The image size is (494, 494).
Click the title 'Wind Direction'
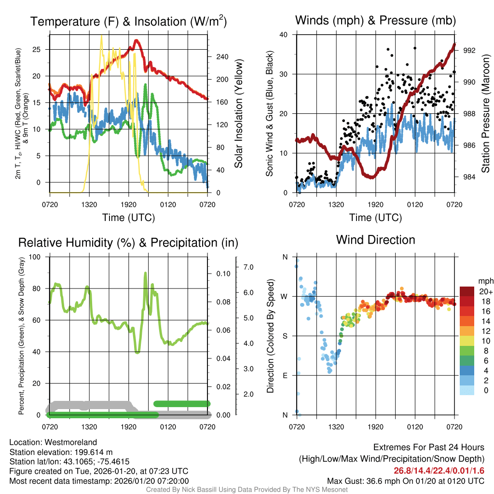click(375, 240)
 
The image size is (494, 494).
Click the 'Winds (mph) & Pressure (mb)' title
click(375, 20)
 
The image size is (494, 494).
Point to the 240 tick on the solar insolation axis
click(222, 56)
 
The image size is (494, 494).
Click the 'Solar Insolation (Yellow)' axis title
click(238, 114)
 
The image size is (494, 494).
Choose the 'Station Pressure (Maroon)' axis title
click(485, 114)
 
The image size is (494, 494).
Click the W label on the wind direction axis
click(285, 296)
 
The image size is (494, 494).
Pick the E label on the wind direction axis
click(285, 375)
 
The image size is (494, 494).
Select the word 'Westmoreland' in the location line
click(75, 442)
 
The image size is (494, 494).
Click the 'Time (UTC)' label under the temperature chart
click(128, 218)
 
